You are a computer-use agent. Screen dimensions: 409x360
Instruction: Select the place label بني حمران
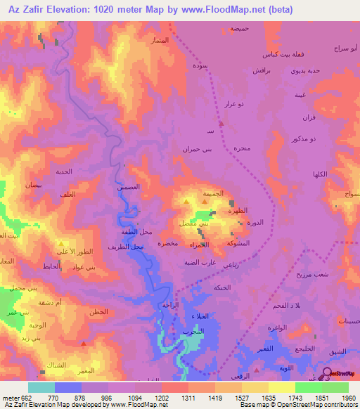pyautogui.click(x=198, y=149)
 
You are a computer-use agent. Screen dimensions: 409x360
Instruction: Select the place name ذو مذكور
pyautogui.click(x=303, y=139)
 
